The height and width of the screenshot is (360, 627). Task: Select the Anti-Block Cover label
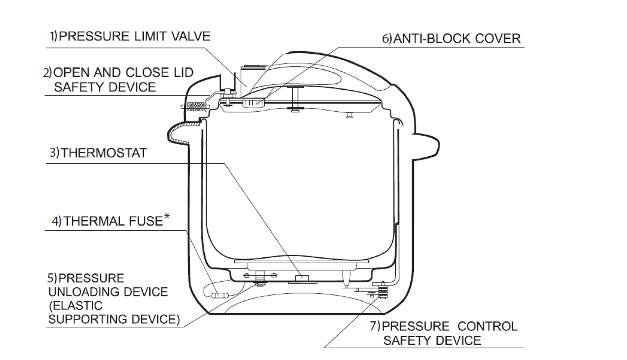pyautogui.click(x=457, y=39)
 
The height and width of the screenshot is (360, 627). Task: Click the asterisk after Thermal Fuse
pyautogui.click(x=167, y=216)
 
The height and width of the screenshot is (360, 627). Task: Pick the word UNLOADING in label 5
pyautogui.click(x=85, y=292)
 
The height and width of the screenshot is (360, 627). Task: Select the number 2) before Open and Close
pyautogui.click(x=47, y=73)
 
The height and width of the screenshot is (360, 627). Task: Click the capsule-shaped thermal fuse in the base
pyautogui.click(x=219, y=295)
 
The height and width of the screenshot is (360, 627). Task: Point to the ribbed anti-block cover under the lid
pyautogui.click(x=254, y=103)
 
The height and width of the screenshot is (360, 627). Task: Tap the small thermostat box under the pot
pyautogui.click(x=301, y=278)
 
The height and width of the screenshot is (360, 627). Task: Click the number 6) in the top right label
pyautogui.click(x=386, y=39)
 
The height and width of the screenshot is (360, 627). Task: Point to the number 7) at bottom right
pyautogui.click(x=375, y=326)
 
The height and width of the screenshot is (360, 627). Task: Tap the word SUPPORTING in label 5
pyautogui.click(x=88, y=319)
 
